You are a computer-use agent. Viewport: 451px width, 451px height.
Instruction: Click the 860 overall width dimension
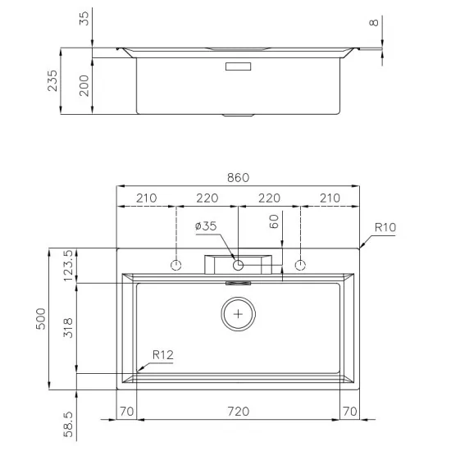pos(238,178)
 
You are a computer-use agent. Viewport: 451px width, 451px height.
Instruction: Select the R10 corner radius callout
pos(386,226)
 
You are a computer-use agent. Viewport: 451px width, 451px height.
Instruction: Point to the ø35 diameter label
pos(206,226)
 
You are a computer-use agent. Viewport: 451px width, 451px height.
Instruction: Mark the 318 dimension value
pos(69,328)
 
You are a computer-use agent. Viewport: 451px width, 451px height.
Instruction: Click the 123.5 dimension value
pos(69,265)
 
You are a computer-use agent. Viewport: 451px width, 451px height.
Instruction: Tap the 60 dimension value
pos(275,221)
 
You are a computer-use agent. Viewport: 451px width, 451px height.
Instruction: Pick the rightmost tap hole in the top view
pos(300,265)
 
